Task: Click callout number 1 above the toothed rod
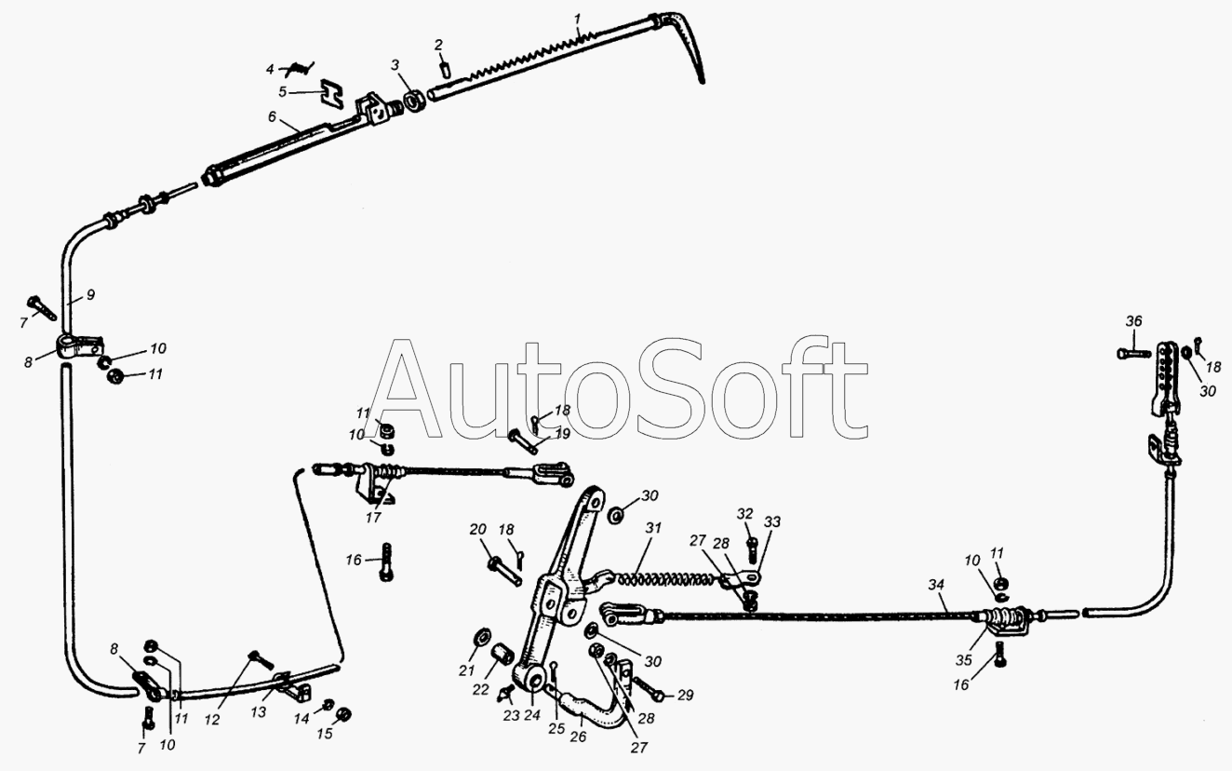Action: coord(577,19)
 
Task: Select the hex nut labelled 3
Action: coord(412,101)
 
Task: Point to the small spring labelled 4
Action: coord(300,68)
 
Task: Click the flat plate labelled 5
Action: coord(332,92)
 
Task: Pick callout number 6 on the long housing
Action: coord(272,116)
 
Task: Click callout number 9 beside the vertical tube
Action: coord(91,295)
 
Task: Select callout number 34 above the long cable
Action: coord(935,585)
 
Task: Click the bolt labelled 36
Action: coord(1134,353)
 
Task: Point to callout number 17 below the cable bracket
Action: coord(373,518)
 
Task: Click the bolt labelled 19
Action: coord(523,441)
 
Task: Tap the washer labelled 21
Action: coord(482,639)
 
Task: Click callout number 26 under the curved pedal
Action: coord(578,736)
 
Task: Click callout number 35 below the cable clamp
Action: coord(964,660)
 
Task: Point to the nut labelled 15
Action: coord(344,714)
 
